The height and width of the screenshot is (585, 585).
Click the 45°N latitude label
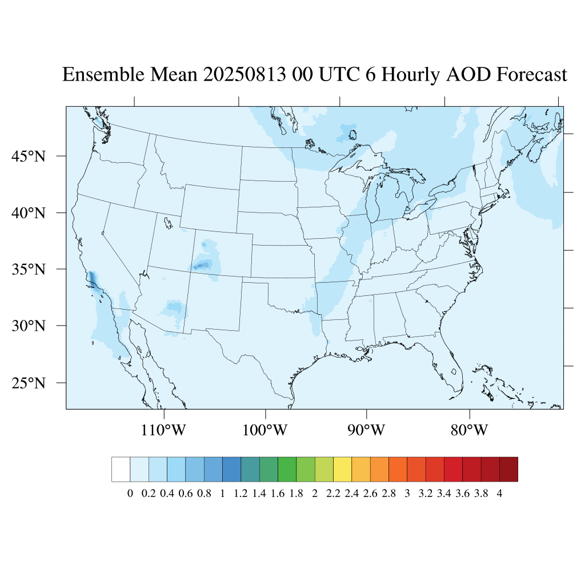tap(29, 156)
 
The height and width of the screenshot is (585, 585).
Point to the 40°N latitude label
tap(29, 213)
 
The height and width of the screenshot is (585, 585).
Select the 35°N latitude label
tap(29, 269)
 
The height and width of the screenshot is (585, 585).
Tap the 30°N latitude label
tap(29, 326)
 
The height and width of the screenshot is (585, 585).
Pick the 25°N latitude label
tap(29, 383)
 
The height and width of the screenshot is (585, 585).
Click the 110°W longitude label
tap(164, 430)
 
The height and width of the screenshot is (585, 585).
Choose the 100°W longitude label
tap(266, 430)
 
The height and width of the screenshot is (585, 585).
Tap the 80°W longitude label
tap(469, 430)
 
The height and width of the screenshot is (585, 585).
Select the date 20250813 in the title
tap(243, 75)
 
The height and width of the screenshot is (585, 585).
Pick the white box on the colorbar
tap(121, 469)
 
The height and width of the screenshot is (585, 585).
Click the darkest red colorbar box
tap(508, 469)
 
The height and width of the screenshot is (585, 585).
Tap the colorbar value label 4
tap(500, 494)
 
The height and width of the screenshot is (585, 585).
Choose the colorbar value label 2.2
tap(333, 494)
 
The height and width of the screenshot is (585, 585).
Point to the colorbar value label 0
tap(130, 494)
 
